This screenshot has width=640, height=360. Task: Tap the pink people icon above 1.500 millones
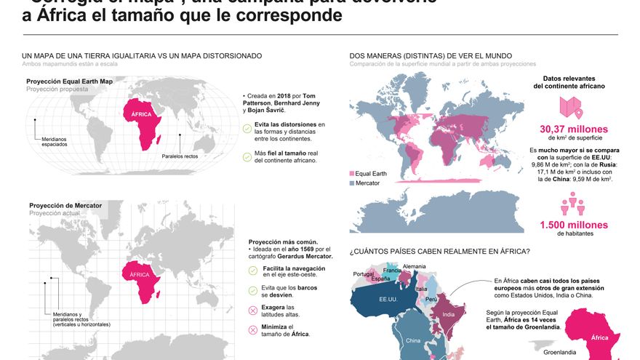point(573,204)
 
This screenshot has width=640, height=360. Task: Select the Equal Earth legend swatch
point(353,174)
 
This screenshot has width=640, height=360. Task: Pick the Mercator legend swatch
point(353,183)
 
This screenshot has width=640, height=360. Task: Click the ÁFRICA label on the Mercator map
point(139,275)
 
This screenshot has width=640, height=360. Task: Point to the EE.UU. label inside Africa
point(388,298)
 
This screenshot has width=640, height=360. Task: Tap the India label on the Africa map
point(449,314)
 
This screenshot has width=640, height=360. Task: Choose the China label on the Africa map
point(413,340)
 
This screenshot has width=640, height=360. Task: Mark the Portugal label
point(363,274)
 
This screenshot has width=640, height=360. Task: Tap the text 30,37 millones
point(573,129)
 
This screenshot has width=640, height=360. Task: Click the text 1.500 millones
point(573,225)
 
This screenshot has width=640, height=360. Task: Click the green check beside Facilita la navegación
point(253,271)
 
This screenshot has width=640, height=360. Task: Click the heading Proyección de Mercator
point(65,206)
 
